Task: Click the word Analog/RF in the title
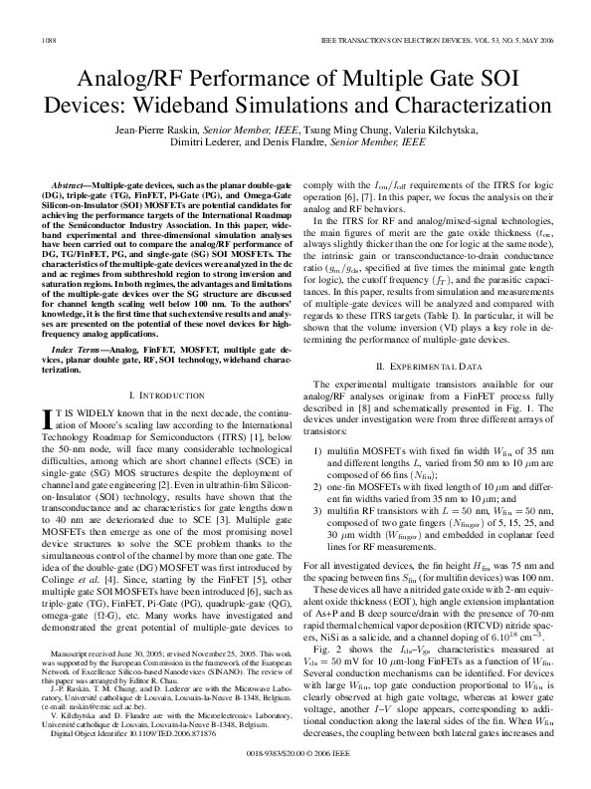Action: click(125, 78)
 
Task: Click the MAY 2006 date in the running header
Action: click(529, 39)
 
